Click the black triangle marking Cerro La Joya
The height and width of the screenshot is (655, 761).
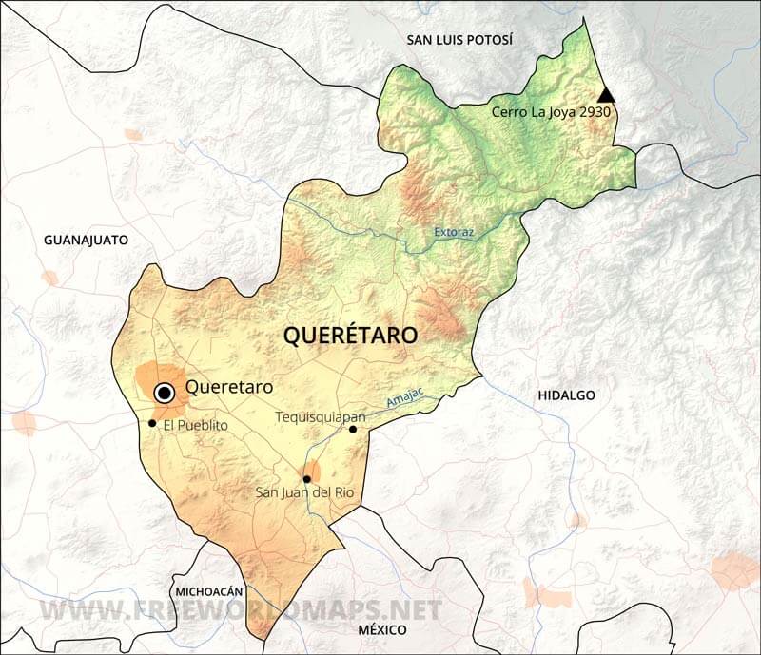tap(605, 94)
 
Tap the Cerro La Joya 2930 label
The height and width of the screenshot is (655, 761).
tap(551, 112)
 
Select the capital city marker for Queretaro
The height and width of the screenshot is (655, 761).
tap(165, 392)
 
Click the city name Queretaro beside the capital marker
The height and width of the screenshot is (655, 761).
tap(229, 387)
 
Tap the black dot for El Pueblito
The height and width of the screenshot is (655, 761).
tap(152, 423)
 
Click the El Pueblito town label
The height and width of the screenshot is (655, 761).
tap(195, 426)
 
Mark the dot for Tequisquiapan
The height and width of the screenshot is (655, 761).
tap(353, 430)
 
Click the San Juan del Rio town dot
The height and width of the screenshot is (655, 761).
tap(306, 479)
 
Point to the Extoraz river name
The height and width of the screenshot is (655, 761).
tap(453, 231)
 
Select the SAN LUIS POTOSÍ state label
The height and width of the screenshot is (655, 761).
tap(459, 40)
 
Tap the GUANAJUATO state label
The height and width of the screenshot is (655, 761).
tap(86, 241)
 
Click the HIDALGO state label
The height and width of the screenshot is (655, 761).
tap(566, 395)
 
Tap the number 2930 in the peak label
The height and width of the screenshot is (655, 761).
tap(591, 112)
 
